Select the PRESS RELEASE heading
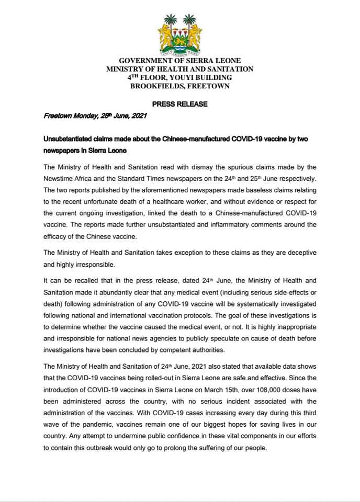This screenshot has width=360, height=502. [180, 104]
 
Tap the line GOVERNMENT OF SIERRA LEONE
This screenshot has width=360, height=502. [179, 61]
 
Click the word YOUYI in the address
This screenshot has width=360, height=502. [181, 77]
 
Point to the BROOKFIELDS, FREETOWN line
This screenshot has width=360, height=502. [179, 85]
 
